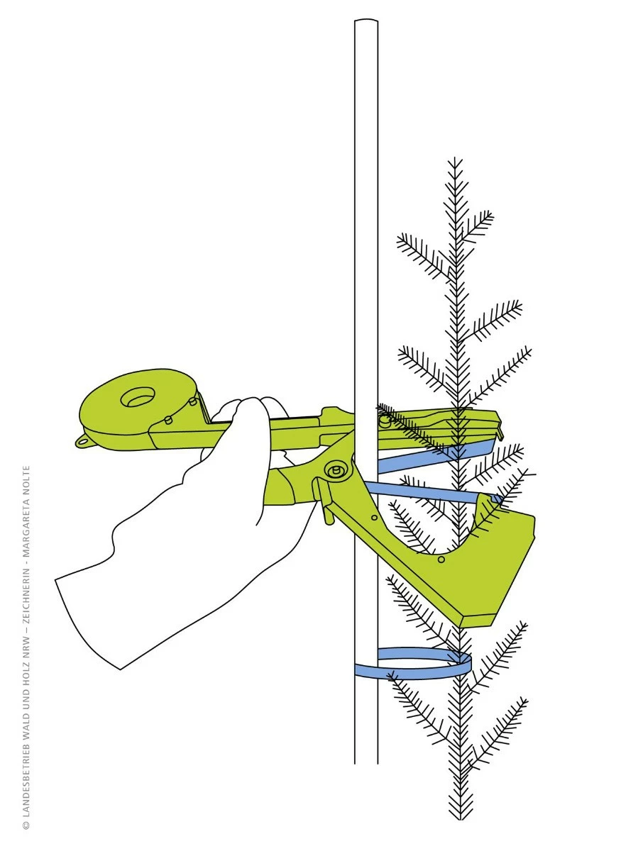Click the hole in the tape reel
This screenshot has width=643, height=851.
click(137, 396)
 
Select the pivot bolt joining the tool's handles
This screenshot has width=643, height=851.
click(335, 471)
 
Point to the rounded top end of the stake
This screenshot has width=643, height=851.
click(366, 20)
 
